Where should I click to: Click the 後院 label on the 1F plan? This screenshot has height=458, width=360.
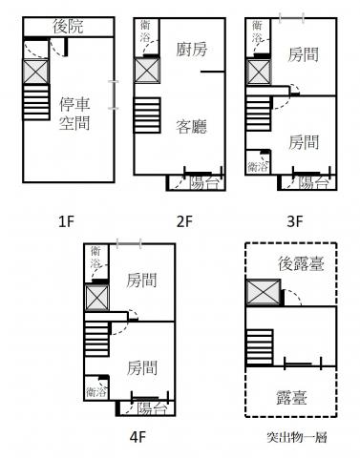tap(68, 27)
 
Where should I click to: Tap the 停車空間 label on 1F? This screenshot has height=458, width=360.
tap(74, 114)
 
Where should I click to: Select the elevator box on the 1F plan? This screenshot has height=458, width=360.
tap(35, 71)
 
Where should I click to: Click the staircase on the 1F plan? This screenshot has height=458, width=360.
tap(36, 102)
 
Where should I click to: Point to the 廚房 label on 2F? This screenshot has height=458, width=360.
tap(192, 50)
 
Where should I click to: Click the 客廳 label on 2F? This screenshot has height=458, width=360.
tap(192, 126)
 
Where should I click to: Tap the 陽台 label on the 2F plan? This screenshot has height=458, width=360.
tap(204, 183)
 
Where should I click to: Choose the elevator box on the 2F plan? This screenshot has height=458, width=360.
tap(146, 71)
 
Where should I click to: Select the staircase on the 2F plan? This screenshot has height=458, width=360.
tap(147, 115)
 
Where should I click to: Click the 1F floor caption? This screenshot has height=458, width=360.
tap(66, 221)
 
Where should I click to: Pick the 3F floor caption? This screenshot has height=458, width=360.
tap(294, 221)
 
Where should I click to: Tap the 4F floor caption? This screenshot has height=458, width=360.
tap(138, 437)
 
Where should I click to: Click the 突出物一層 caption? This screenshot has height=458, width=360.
tap(297, 437)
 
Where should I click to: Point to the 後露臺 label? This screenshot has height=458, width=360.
tap(301, 263)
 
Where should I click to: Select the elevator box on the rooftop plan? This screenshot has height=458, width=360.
tap(264, 292)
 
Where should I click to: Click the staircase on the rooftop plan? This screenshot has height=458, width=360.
tap(260, 347)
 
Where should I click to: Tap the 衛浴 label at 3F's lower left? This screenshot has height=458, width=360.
tap(258, 166)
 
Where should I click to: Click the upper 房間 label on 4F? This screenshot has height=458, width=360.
tap(141, 281)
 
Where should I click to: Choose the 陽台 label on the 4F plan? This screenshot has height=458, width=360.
tap(152, 408)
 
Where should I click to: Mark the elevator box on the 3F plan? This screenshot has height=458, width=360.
tap(259, 73)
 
